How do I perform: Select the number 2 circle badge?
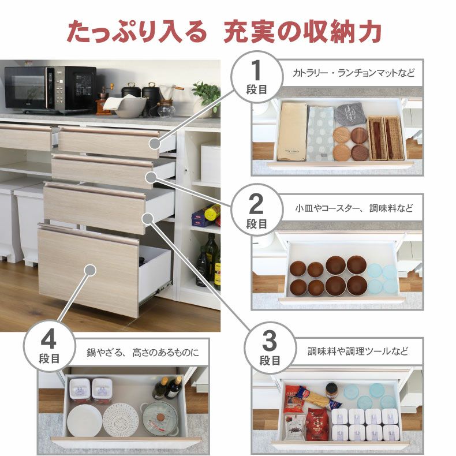(257, 210)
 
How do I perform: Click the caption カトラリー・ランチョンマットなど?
(353, 73)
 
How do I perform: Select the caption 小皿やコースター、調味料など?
(354, 207)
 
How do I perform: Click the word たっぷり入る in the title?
(136, 32)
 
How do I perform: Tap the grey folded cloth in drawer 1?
(349, 114)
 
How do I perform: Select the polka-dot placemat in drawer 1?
(320, 134)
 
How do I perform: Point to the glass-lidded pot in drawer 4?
(160, 418)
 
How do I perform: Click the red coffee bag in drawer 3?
(316, 424)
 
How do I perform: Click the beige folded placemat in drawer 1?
(291, 131)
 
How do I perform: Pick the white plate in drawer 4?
(84, 421)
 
